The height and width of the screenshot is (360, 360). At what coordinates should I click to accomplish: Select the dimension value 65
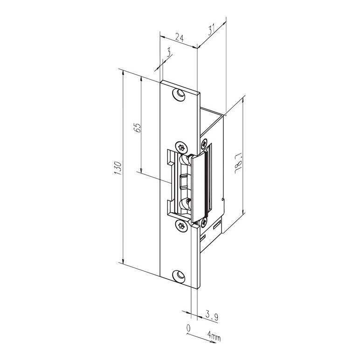[137, 128]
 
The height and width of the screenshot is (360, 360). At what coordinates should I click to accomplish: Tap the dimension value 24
[180, 37]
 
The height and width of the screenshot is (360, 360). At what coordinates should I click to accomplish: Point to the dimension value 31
[211, 29]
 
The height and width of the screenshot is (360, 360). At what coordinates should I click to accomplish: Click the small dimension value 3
[169, 53]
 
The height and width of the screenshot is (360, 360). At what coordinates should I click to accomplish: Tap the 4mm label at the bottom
[214, 338]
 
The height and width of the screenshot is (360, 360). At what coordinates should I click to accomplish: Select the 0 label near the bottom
[188, 328]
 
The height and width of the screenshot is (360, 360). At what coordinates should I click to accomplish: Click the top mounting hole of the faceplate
[179, 94]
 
